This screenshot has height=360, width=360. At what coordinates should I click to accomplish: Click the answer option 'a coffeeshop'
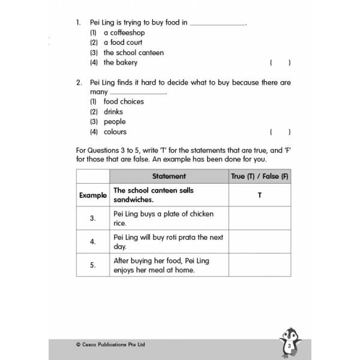[124, 32]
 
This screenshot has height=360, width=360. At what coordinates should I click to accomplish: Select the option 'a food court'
[124, 43]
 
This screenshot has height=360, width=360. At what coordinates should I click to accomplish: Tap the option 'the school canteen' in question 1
[133, 52]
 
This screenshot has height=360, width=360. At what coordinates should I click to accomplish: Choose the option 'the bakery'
[120, 62]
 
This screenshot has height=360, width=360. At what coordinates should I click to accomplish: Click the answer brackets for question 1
[280, 62]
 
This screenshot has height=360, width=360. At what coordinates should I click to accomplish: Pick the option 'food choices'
[124, 101]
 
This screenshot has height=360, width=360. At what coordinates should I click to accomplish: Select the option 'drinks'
[113, 112]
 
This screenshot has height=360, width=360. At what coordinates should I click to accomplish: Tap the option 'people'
[115, 121]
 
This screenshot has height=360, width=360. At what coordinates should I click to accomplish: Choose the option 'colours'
[115, 131]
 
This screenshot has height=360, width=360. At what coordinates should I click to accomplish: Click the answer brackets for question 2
[280, 131]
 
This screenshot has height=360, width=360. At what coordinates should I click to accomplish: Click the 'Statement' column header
[169, 176]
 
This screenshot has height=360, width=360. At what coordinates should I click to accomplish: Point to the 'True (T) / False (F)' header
[260, 176]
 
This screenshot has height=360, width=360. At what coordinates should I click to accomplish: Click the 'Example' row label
[92, 196]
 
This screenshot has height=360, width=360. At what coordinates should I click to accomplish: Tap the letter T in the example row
[260, 196]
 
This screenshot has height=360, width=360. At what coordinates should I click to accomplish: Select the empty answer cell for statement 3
[260, 218]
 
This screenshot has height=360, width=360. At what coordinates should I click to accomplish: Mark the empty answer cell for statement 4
[260, 242]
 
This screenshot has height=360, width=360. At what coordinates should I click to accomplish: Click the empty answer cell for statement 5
[260, 265]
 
